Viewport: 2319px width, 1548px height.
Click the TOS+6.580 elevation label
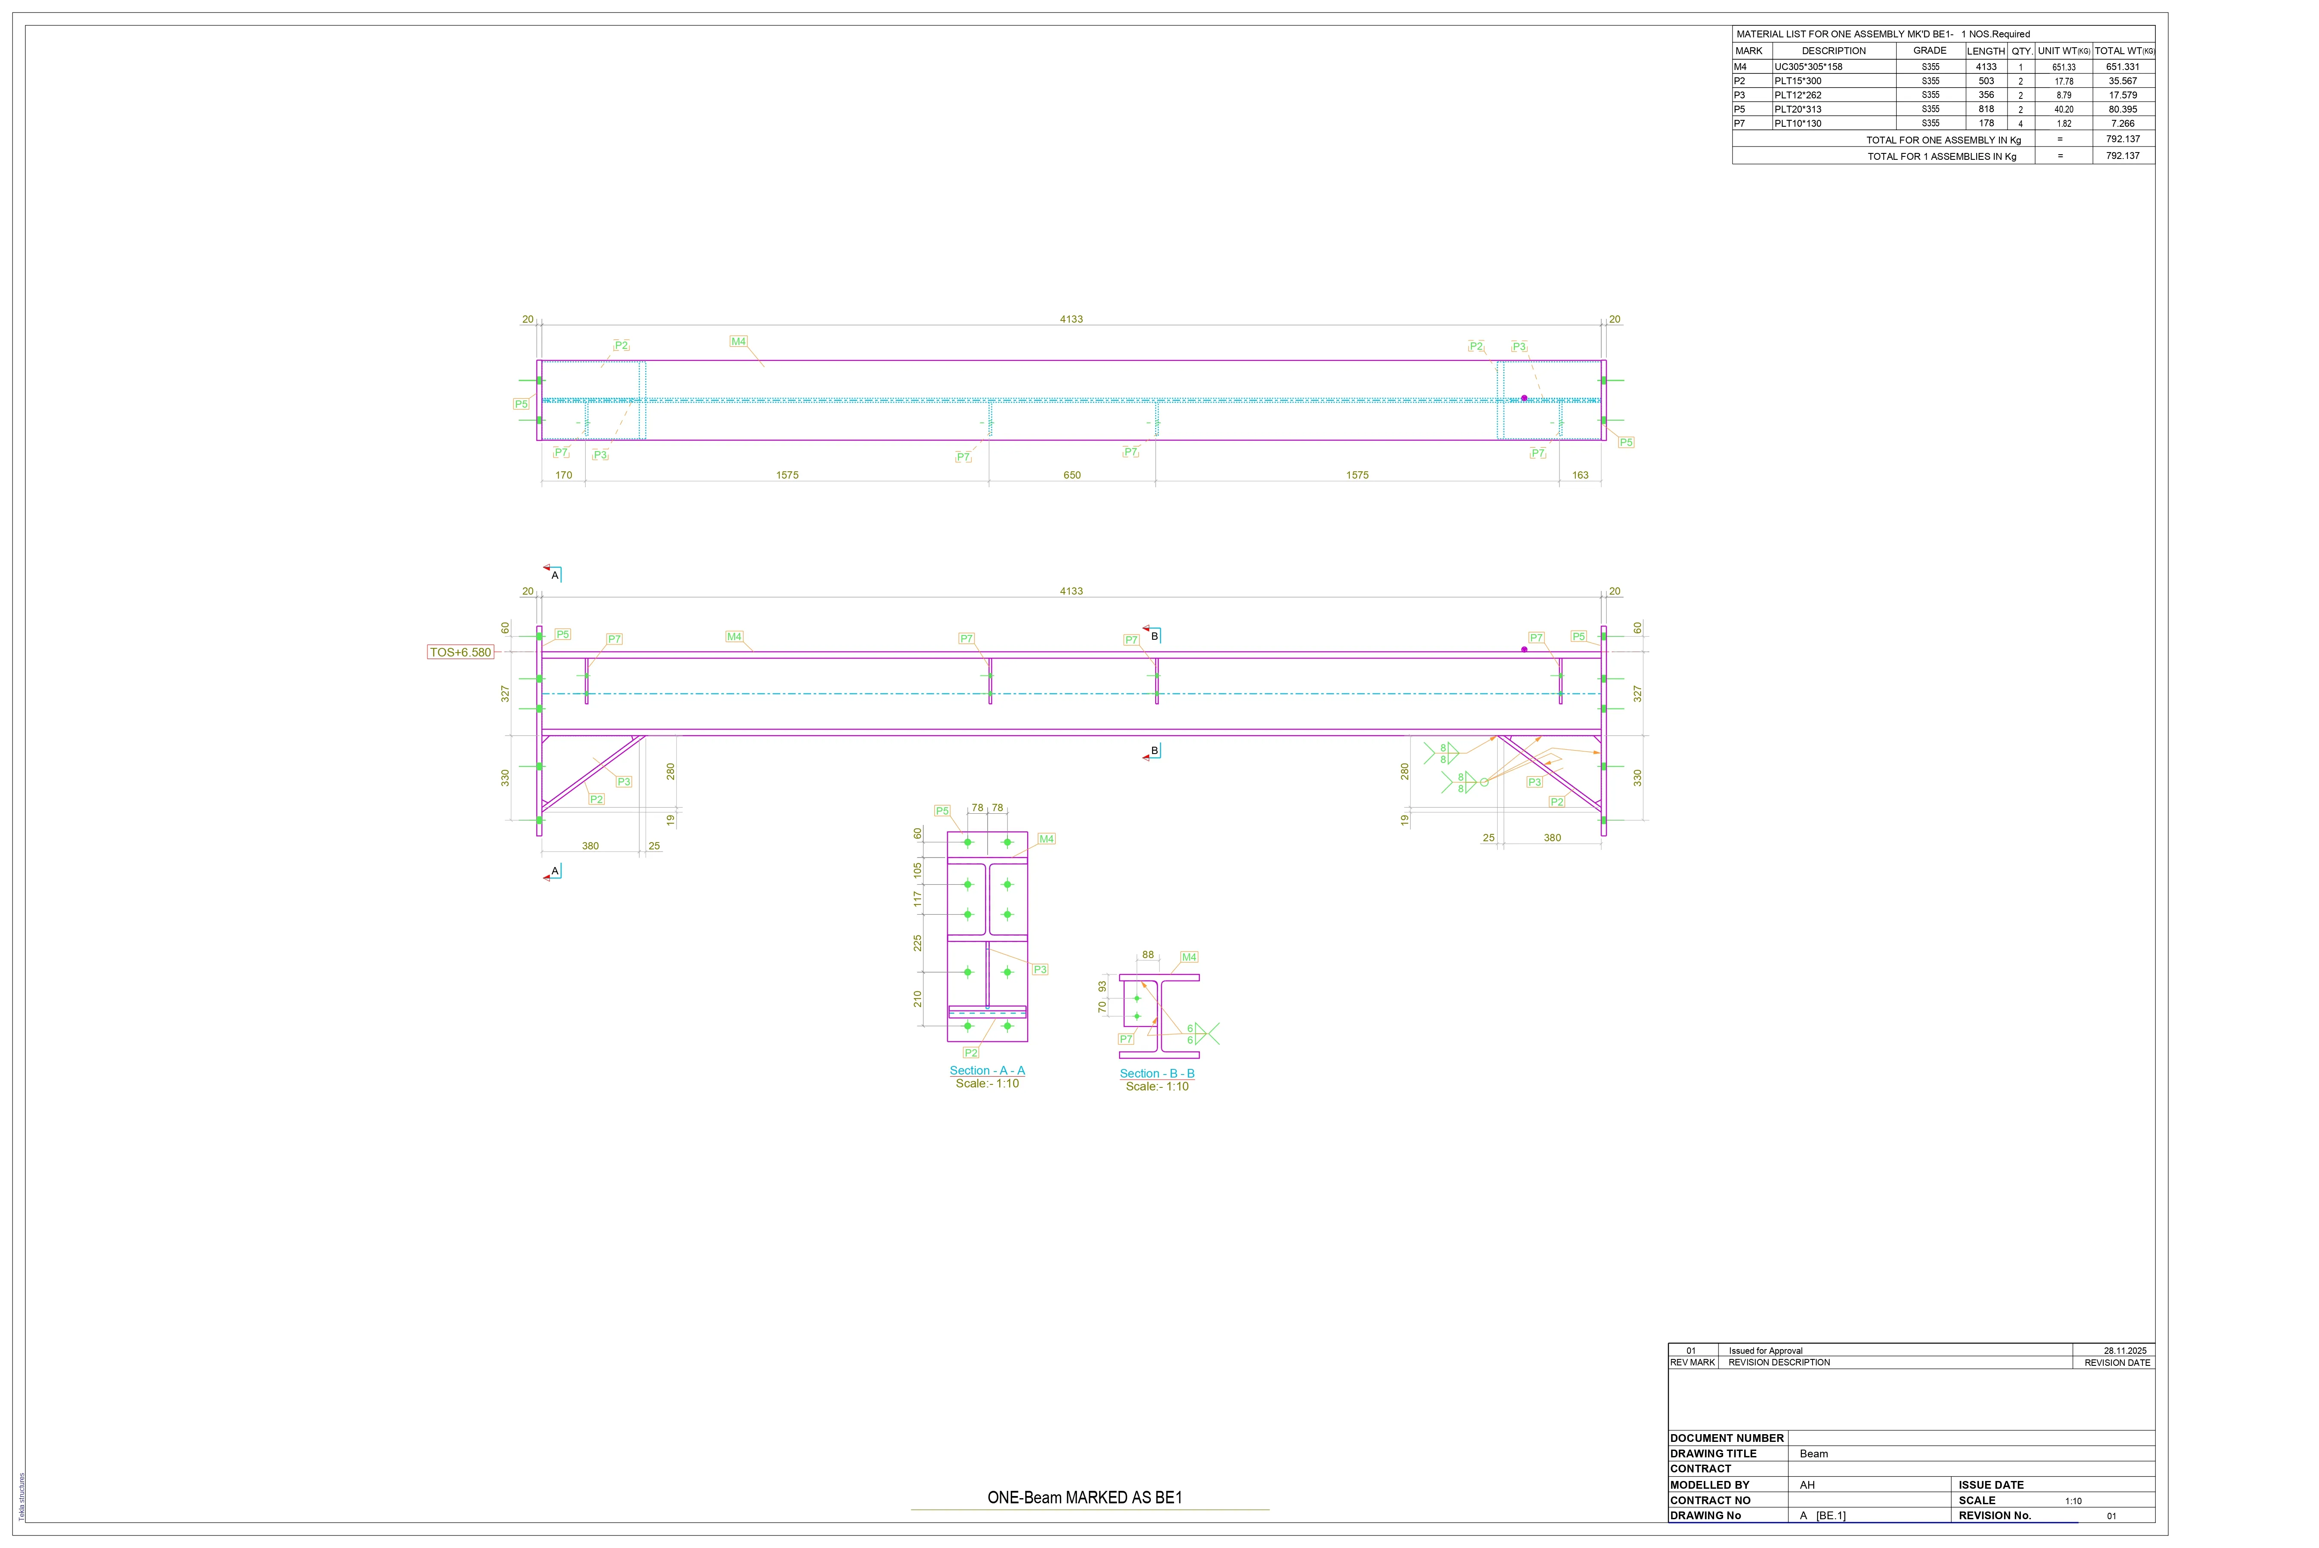coord(460,653)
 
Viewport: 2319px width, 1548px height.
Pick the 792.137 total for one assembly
coord(2123,139)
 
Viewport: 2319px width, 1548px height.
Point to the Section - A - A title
coord(987,1070)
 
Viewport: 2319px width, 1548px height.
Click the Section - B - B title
coord(1157,1073)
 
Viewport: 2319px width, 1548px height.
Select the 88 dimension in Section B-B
coord(1148,955)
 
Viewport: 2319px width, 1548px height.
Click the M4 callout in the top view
coord(738,342)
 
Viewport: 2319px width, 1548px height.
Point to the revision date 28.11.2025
coord(2124,1350)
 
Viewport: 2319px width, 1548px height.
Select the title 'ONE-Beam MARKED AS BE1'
coord(1085,1498)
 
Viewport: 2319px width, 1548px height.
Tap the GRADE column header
coord(1930,50)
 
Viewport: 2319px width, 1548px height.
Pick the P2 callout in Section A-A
coord(971,1052)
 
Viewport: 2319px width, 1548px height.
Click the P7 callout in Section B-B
coord(1126,1038)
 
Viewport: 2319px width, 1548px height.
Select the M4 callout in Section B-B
coord(1190,957)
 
